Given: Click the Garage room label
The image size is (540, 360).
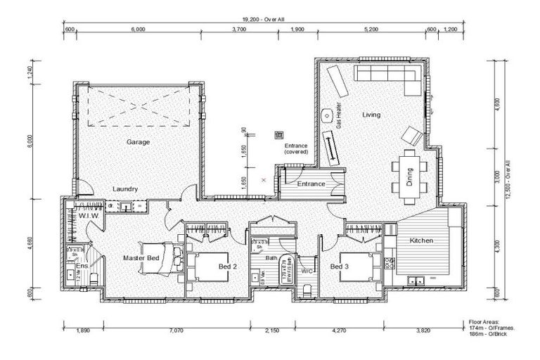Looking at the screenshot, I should [x=138, y=142].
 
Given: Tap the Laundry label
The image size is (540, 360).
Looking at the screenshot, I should [x=124, y=189].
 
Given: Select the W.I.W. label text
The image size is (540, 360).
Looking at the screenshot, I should [x=88, y=216].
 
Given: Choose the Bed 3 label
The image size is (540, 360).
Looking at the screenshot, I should [x=340, y=266].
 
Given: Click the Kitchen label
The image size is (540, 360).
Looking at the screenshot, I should [x=422, y=241].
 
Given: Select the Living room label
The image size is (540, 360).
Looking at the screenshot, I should [x=371, y=115].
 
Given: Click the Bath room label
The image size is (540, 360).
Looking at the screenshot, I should [x=271, y=258].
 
